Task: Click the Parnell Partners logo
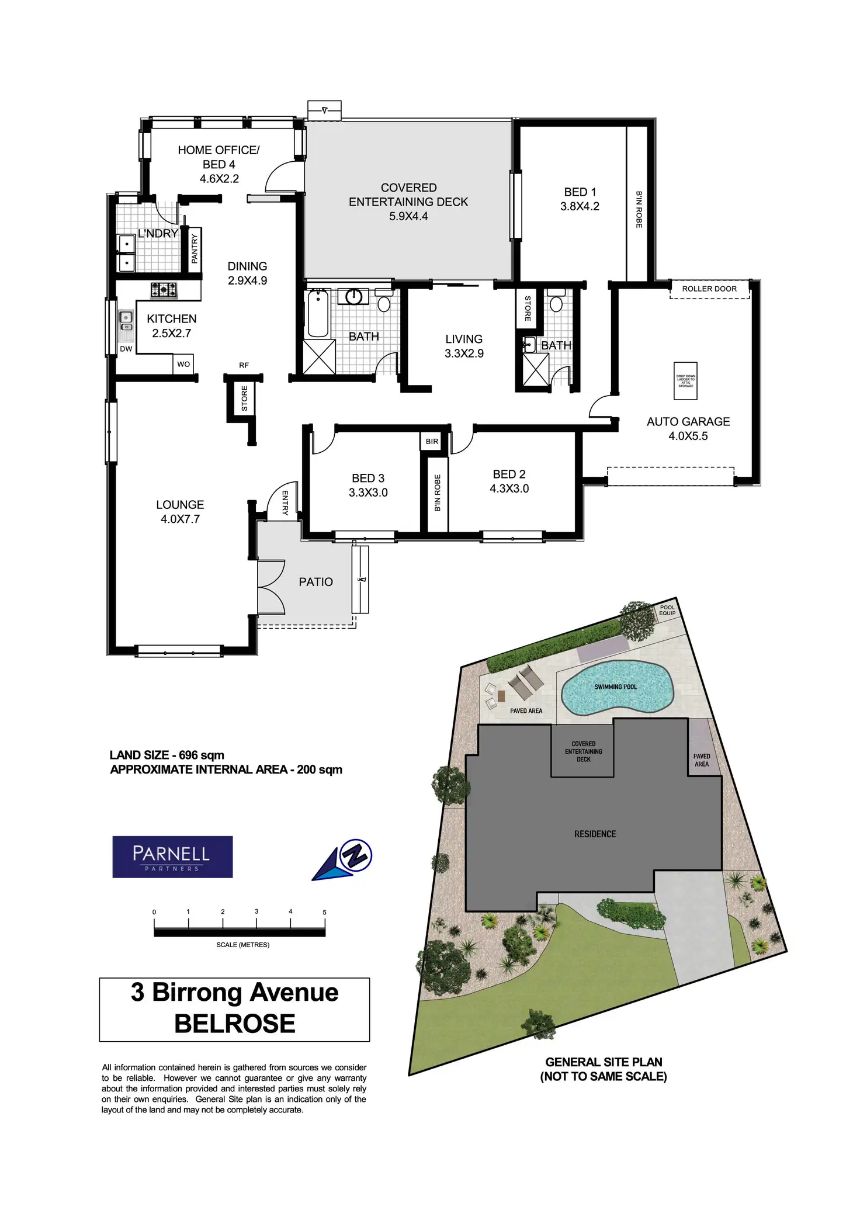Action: (172, 857)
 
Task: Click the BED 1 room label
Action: (580, 199)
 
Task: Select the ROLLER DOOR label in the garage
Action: (709, 289)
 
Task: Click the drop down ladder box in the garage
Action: (685, 381)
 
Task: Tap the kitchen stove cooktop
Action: (164, 289)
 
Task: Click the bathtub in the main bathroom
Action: (318, 314)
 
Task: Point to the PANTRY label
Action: (195, 248)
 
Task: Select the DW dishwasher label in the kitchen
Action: (126, 349)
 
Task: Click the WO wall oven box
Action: (183, 364)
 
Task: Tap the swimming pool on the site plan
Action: (616, 688)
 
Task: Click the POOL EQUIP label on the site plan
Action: (667, 610)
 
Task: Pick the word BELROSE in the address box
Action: (235, 1023)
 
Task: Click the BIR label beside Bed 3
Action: (432, 441)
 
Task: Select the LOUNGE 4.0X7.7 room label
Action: (180, 512)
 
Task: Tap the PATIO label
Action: (315, 582)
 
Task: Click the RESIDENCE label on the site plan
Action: (595, 834)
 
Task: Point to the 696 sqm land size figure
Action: (202, 755)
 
